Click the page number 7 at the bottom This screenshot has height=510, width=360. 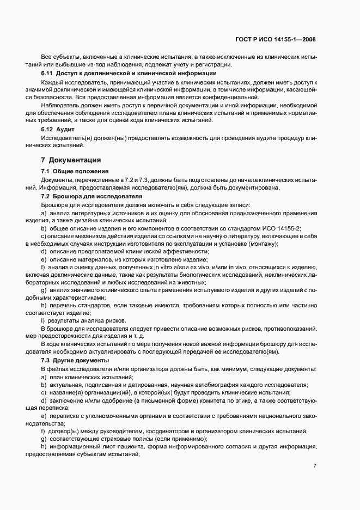tap(315, 466)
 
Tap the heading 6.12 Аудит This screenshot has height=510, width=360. tap(57, 130)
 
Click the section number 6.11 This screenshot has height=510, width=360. tap(47, 73)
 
